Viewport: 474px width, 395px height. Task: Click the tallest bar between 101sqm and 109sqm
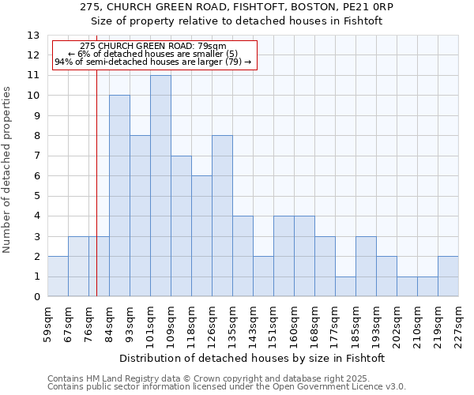160,186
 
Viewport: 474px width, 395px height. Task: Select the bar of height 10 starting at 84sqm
119,196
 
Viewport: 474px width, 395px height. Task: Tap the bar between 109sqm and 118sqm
181,227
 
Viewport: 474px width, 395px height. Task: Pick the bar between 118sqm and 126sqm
201,236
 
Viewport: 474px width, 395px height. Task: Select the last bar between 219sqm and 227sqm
448,276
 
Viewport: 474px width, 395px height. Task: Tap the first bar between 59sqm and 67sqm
58,276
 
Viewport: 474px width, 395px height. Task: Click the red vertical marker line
96,182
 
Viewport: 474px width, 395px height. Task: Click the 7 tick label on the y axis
36,156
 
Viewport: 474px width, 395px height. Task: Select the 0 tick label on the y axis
36,297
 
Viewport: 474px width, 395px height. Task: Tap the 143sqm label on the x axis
253,324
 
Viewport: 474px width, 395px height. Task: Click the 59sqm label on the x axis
47,324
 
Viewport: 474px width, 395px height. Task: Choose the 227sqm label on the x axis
458,324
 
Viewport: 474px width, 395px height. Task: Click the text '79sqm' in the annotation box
213,46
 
